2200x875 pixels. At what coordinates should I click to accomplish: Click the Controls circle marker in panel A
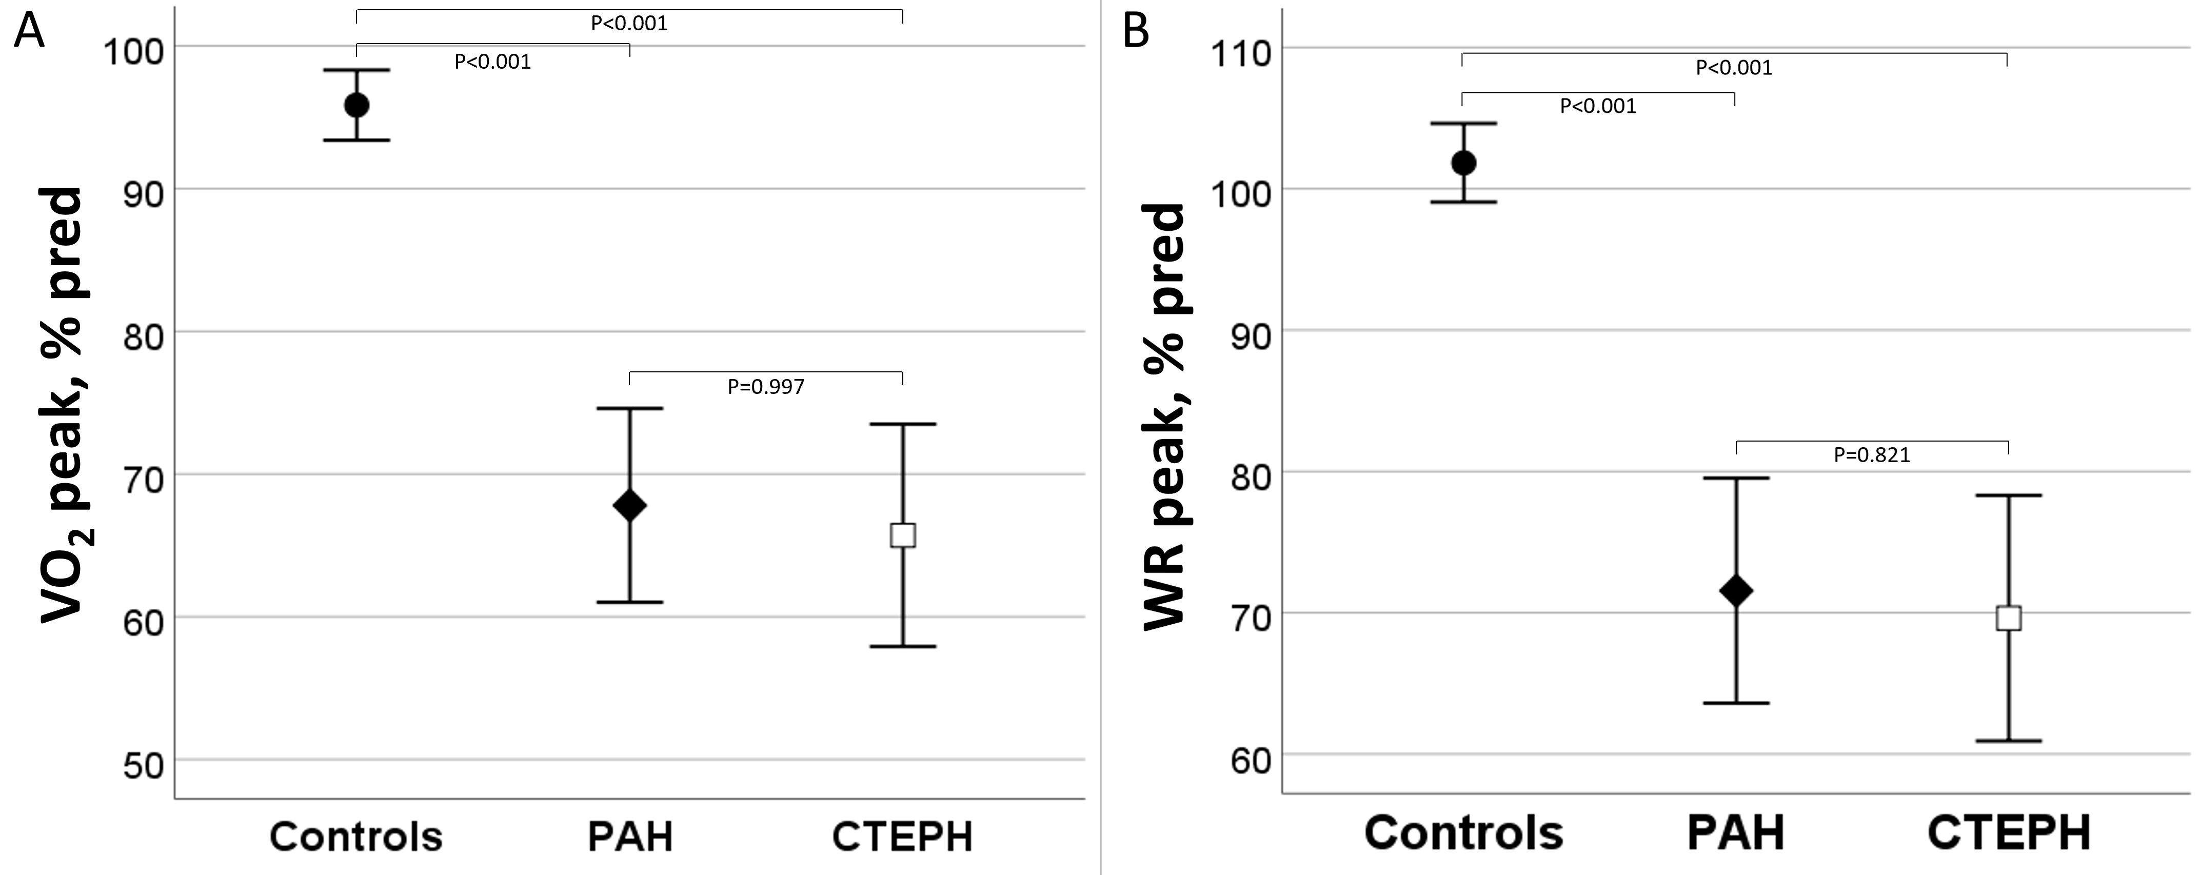(x=356, y=105)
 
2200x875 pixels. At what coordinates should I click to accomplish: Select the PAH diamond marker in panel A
(x=629, y=505)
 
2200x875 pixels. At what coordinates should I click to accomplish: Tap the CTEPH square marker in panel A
(x=903, y=535)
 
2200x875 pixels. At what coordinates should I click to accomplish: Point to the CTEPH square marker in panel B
(x=2009, y=618)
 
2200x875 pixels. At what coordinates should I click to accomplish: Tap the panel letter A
(x=29, y=32)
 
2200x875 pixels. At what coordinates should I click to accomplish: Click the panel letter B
(x=1136, y=32)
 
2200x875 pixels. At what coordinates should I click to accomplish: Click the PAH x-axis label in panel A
(x=630, y=837)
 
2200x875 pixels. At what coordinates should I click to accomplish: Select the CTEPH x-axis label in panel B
(x=2009, y=832)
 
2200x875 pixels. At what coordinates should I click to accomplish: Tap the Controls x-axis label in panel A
(x=356, y=837)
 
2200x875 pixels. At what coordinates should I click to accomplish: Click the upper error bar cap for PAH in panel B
(x=1736, y=478)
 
